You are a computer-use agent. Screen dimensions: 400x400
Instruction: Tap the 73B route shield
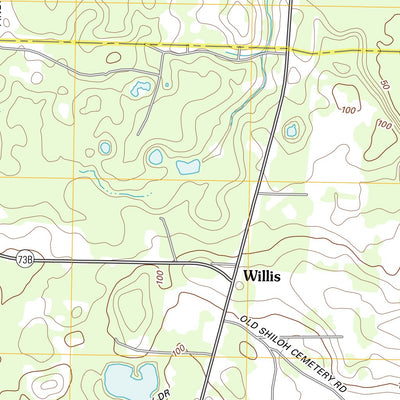pyautogui.click(x=25, y=260)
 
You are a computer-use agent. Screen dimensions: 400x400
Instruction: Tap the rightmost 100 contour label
pyautogui.click(x=383, y=125)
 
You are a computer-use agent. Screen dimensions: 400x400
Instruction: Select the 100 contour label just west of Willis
pyautogui.click(x=160, y=275)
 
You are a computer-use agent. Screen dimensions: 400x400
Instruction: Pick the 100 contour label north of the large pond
pyautogui.click(x=178, y=349)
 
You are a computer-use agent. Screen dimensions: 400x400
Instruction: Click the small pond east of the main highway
pyautogui.click(x=292, y=129)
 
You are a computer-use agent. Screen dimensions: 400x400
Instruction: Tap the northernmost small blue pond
pyautogui.click(x=139, y=89)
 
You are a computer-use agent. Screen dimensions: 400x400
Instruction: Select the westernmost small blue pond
pyautogui.click(x=104, y=148)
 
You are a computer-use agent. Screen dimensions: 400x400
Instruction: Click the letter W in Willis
pyautogui.click(x=245, y=272)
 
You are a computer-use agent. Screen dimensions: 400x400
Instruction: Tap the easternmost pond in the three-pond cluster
pyautogui.click(x=187, y=167)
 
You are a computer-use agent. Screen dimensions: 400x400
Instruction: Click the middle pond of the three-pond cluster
pyautogui.click(x=155, y=157)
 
